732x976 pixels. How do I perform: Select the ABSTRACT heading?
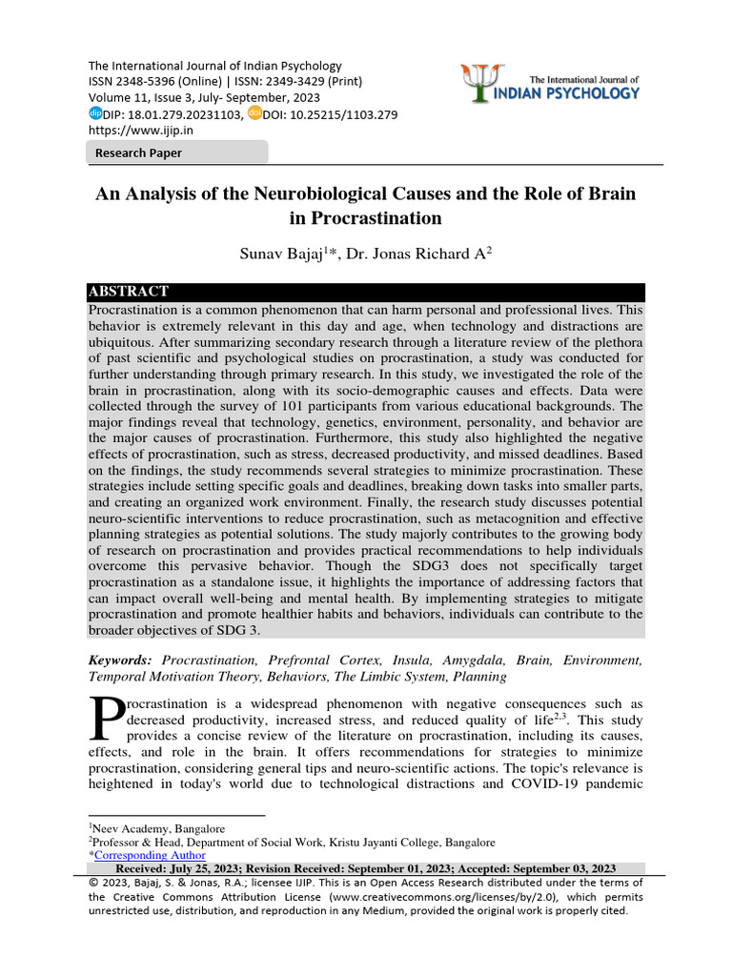129,292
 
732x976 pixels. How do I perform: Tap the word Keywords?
119,660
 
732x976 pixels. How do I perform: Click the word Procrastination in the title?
365,218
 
